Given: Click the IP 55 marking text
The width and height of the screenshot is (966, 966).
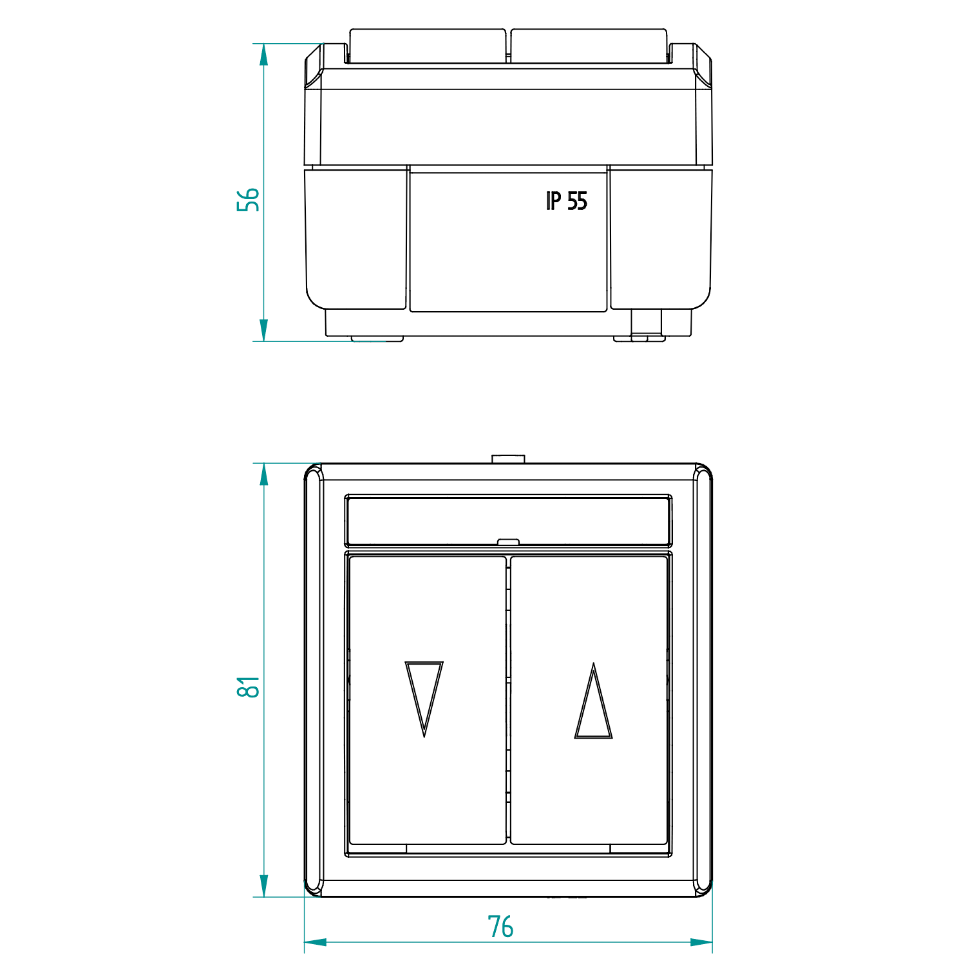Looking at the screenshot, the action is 567,201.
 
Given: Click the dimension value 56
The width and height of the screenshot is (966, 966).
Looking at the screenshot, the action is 248,200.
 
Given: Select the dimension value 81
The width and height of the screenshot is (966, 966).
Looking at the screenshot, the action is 248,687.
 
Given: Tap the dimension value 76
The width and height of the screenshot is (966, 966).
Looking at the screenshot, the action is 500,927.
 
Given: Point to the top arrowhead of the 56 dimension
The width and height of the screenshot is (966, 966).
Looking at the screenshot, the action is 263,54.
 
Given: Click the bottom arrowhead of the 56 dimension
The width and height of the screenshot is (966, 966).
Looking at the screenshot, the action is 263,330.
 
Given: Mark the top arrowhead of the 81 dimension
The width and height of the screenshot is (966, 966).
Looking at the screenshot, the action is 263,474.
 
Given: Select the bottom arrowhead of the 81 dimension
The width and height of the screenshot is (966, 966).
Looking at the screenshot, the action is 263,885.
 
